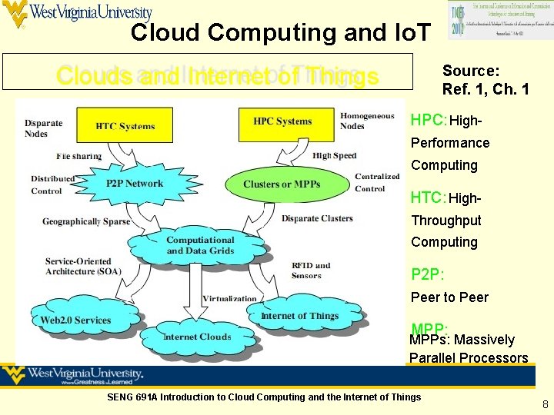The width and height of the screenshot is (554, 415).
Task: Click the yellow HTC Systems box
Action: (x=125, y=125)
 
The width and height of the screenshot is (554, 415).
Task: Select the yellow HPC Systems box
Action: (x=282, y=121)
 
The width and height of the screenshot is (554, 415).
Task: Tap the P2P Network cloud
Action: (x=134, y=184)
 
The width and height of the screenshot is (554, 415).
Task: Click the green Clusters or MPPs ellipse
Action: (x=282, y=184)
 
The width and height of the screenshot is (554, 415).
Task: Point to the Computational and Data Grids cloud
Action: (x=200, y=245)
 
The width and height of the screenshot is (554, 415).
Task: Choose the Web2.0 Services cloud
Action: (x=75, y=320)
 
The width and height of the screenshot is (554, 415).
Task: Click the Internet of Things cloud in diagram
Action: (x=299, y=316)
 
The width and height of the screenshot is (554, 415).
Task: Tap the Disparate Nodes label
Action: (x=43, y=128)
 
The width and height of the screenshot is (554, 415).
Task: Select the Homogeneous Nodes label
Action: (x=366, y=121)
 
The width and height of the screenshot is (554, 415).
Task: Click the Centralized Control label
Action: (x=377, y=182)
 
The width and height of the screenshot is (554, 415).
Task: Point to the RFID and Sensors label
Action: (x=311, y=271)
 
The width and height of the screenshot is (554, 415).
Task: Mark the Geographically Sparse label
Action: (x=86, y=221)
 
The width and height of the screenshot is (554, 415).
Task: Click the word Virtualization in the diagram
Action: (x=229, y=298)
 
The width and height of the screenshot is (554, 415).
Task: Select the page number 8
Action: (x=545, y=404)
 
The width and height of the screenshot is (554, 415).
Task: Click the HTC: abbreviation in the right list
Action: (x=429, y=198)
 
